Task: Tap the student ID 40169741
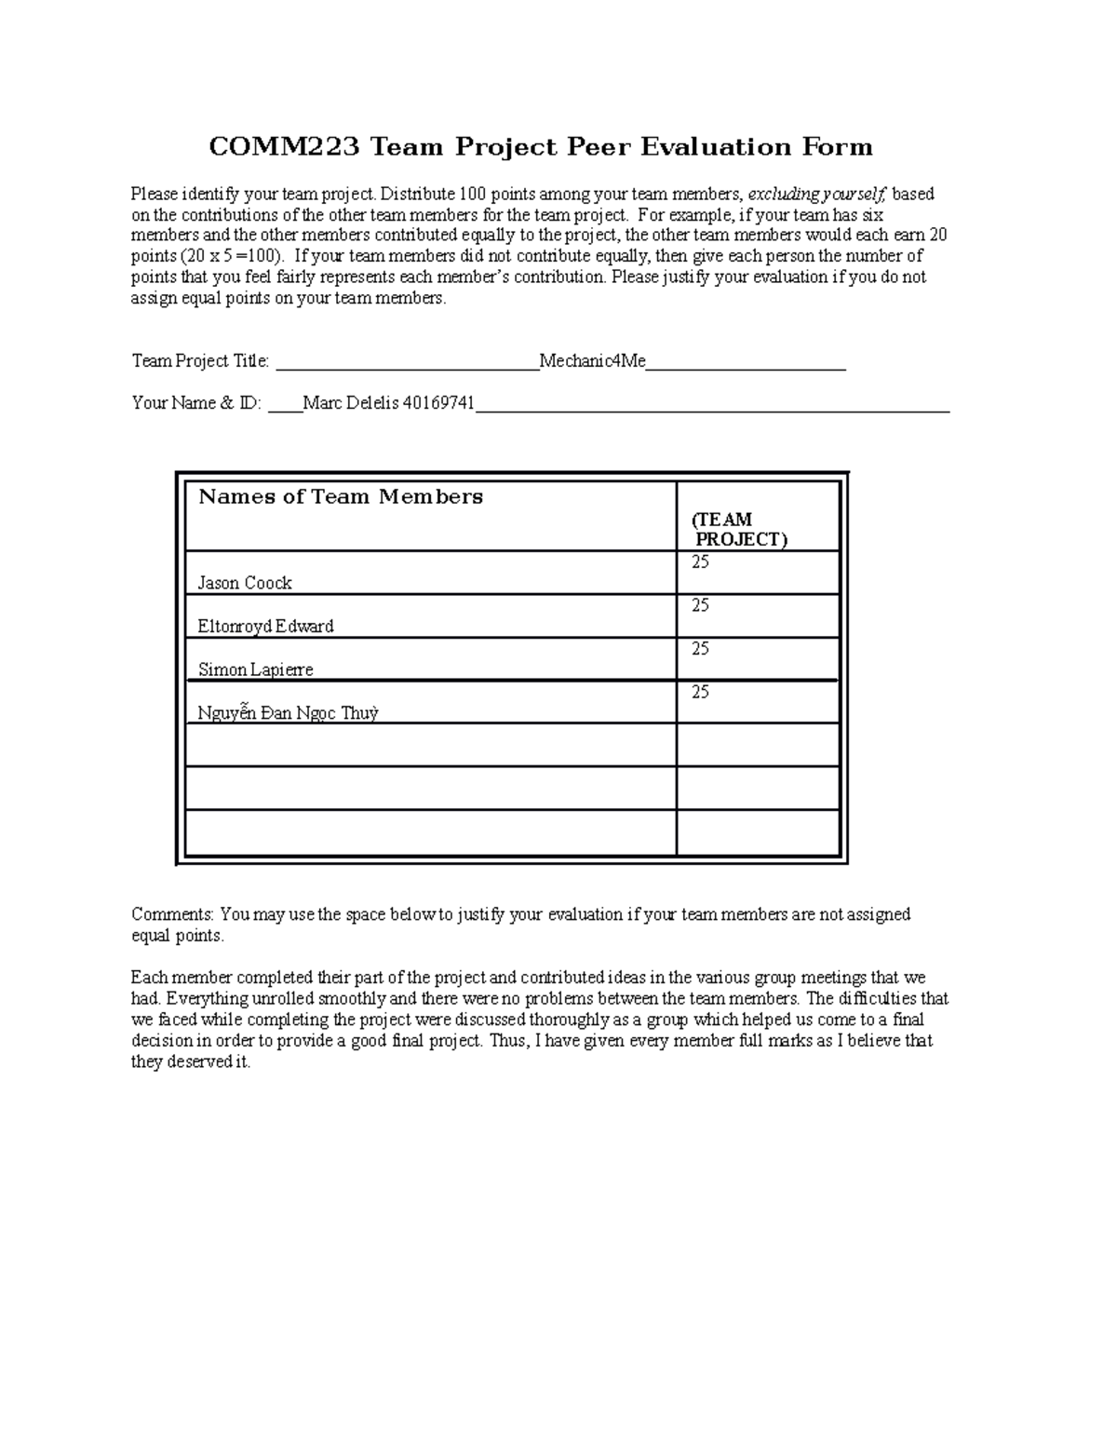(438, 403)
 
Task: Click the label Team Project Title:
(200, 360)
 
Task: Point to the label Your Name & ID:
(196, 403)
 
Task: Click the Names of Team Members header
(341, 497)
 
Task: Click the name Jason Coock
(245, 583)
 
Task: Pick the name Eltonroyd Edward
(265, 627)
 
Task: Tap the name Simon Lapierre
(255, 669)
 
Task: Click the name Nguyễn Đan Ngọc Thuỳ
(288, 713)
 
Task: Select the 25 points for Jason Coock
(700, 561)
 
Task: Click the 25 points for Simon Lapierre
(700, 648)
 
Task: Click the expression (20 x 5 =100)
(235, 256)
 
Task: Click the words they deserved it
(191, 1062)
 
